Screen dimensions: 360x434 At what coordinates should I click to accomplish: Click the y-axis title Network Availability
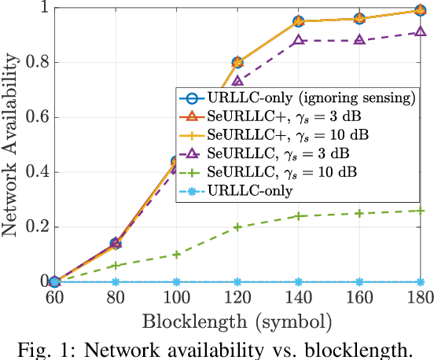pyautogui.click(x=13, y=145)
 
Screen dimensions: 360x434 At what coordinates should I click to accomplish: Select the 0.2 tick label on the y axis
pyautogui.click(x=35, y=227)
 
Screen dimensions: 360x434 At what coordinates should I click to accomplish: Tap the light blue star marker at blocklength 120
pyautogui.click(x=237, y=281)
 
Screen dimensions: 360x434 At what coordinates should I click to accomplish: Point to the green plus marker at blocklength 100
pyautogui.click(x=176, y=254)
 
